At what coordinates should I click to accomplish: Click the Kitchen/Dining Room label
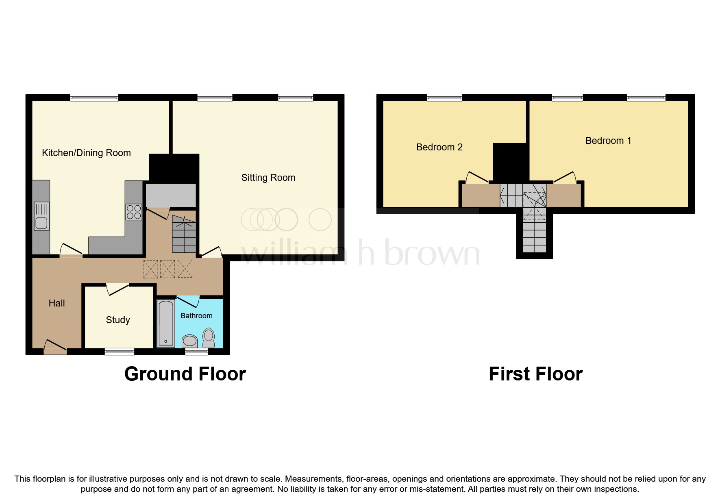pos(86,153)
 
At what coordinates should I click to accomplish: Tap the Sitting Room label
pos(268,178)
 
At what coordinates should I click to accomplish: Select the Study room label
pos(118,320)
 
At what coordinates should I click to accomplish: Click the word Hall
pos(57,303)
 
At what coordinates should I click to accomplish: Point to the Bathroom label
pos(196,316)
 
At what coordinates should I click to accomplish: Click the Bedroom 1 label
pos(608,141)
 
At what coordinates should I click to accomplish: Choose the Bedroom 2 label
pos(439,147)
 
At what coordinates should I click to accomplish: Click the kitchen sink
pos(41,216)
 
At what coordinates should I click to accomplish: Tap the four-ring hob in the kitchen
pos(134,212)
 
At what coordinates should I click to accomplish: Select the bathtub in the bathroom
pos(166,324)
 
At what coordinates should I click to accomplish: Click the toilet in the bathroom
pos(209,338)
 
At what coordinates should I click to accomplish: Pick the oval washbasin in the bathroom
pos(189,341)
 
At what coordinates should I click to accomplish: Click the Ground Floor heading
pos(185,374)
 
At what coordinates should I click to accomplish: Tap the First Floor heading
pos(535,374)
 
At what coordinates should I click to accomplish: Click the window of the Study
pos(119,352)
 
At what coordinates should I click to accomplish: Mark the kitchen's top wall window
pos(94,98)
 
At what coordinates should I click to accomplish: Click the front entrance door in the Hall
pos(55,348)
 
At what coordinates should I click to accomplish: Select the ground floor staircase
pos(184,235)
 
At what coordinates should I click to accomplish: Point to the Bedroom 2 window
pos(444,98)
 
